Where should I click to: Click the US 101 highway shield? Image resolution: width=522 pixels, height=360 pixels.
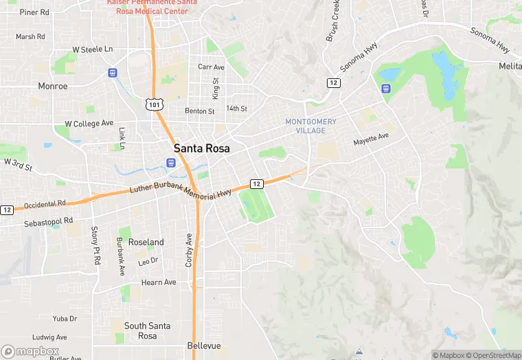155,104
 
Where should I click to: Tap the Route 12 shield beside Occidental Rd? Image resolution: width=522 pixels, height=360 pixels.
7,210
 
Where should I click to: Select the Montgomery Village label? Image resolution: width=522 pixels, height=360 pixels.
311,126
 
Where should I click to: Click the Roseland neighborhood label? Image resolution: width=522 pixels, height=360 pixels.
146,243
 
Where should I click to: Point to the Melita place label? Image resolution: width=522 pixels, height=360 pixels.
510,66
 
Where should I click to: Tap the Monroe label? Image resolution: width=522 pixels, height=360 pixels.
53,87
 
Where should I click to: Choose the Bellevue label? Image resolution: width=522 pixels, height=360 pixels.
204,346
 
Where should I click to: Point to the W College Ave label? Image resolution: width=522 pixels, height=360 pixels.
89,124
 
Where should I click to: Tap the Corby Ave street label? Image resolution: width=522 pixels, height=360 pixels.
190,249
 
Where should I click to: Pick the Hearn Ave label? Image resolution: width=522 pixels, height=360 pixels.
159,282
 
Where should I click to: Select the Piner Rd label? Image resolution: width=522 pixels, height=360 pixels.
34,12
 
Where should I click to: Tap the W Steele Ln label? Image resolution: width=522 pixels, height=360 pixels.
92,49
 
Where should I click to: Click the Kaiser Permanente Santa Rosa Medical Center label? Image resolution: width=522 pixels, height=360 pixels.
152,8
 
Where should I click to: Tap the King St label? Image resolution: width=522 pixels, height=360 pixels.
215,88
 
